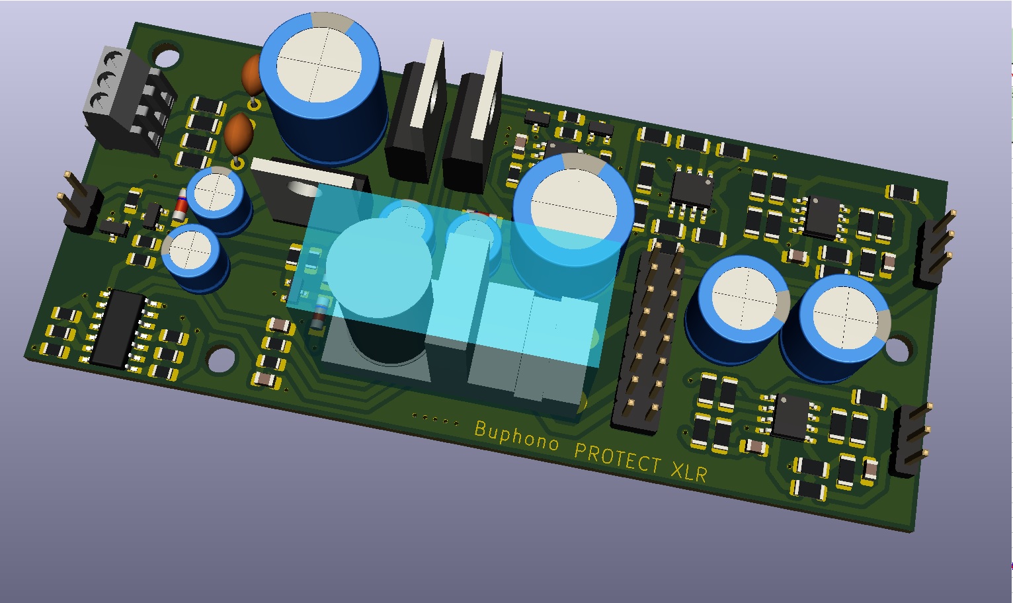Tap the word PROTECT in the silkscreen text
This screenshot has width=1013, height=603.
[x=618, y=457]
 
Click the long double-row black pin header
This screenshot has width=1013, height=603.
[x=647, y=337]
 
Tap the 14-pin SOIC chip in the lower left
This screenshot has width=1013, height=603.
[x=118, y=329]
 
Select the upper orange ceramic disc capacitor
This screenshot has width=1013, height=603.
[x=252, y=75]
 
